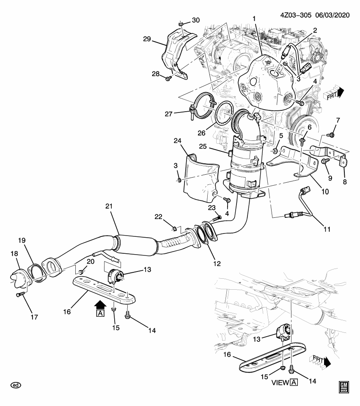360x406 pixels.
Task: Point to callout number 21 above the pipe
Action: pyautogui.click(x=109, y=206)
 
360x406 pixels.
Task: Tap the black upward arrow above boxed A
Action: pyautogui.click(x=100, y=304)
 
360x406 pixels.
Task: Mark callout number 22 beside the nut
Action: pyautogui.click(x=158, y=217)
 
